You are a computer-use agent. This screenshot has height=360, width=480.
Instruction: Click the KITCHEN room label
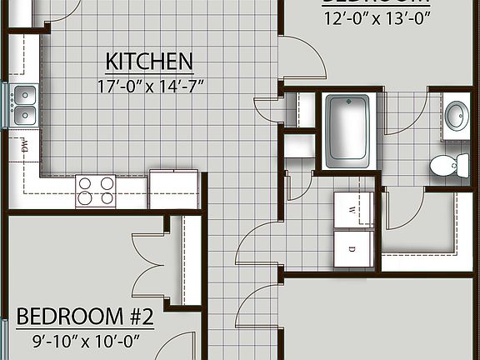pos(149,61)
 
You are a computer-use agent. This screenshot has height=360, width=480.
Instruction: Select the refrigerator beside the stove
pos(173,188)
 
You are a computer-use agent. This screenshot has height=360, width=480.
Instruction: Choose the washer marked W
pos(353,211)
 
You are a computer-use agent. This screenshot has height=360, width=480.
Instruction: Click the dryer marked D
pos(353,247)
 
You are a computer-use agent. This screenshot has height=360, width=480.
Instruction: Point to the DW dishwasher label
pos(25,148)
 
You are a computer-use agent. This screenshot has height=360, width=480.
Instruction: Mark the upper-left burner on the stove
pos(86,183)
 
